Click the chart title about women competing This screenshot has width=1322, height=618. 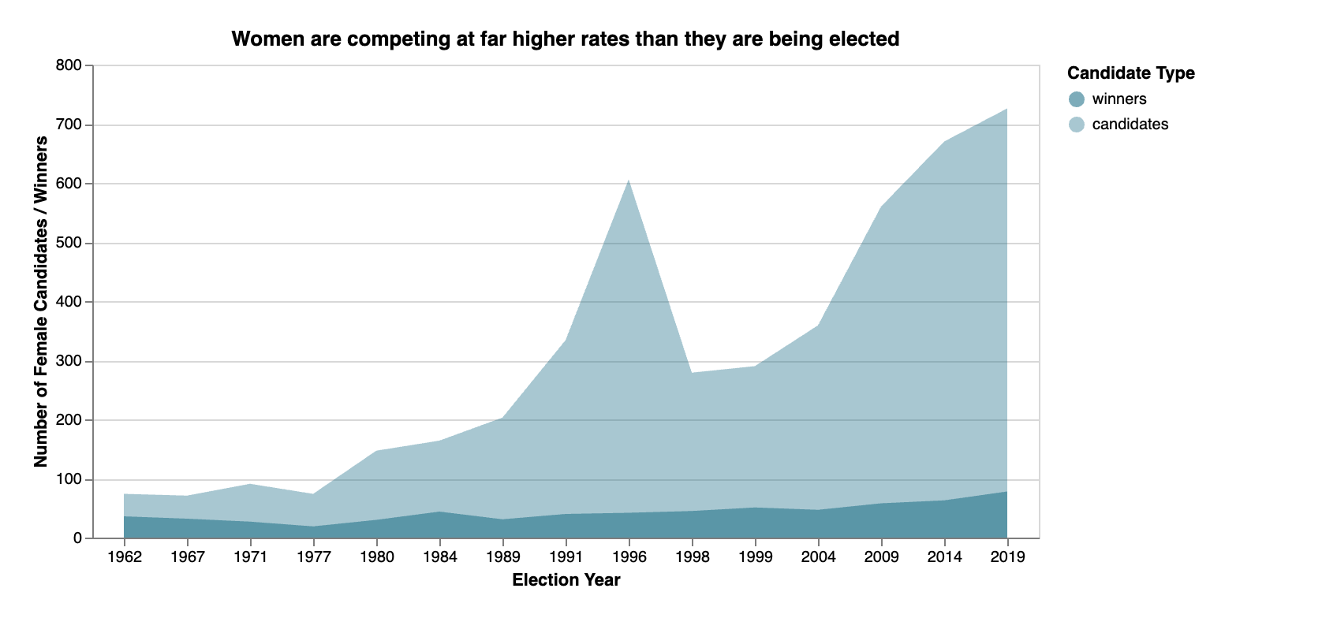[565, 39]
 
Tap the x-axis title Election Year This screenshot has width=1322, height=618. [566, 580]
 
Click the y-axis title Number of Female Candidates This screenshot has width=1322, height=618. [41, 302]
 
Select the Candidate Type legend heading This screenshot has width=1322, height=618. [1130, 73]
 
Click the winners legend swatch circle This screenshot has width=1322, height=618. [1077, 99]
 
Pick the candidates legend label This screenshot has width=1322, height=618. [1130, 125]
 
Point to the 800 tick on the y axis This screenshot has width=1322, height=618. [69, 65]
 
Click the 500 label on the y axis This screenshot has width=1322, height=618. [69, 243]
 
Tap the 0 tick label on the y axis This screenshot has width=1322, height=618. [77, 538]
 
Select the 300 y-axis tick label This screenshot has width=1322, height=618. [69, 361]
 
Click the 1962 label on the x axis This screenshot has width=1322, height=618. [124, 557]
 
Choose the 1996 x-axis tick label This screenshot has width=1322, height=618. [629, 557]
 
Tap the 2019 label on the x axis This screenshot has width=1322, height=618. [1007, 557]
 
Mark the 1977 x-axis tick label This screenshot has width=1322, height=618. [313, 557]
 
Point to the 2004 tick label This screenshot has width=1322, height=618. [818, 557]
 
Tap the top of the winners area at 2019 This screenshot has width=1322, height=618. [1007, 492]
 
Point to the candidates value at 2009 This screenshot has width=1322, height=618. [881, 207]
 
